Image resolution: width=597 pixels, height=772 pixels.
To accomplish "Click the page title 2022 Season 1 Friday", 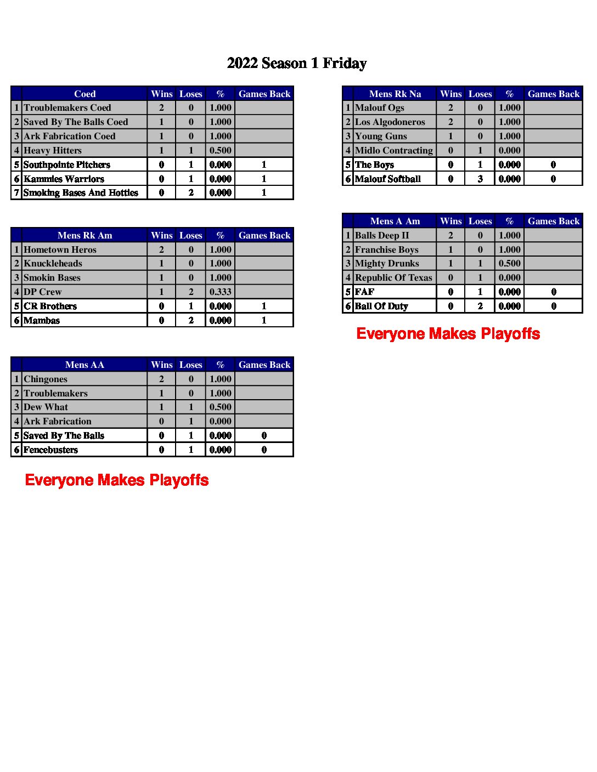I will click(x=297, y=64).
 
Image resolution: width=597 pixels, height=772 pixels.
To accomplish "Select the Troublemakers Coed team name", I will click(x=67, y=108).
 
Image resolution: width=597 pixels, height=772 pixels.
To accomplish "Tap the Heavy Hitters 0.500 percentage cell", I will click(x=220, y=150).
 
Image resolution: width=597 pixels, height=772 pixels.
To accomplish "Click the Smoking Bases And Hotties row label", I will click(x=81, y=193).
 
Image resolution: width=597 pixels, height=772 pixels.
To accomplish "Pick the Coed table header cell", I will click(x=85, y=94).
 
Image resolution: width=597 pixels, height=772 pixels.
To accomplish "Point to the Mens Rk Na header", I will click(x=395, y=94).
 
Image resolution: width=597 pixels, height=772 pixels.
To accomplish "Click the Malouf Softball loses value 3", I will click(x=480, y=179).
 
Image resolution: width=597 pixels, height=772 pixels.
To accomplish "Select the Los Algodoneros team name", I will click(x=390, y=122).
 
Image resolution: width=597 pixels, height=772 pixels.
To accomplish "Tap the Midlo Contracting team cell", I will click(x=394, y=150).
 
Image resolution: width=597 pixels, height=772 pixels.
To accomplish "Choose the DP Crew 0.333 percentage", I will click(x=220, y=292).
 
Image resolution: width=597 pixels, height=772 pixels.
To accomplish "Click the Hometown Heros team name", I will click(x=60, y=249).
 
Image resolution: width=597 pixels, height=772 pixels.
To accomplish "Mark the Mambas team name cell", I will click(x=42, y=320).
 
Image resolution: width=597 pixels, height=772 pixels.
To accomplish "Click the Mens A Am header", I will click(x=395, y=221).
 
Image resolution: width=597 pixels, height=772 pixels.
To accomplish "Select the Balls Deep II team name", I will click(x=382, y=235).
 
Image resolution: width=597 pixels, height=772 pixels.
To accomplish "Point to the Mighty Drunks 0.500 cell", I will click(x=509, y=264).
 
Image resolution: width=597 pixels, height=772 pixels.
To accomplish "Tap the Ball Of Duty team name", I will click(x=381, y=306).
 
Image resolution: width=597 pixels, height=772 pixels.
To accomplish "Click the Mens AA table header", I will click(x=85, y=365).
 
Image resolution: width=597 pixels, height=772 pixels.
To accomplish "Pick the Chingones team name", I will click(x=46, y=379).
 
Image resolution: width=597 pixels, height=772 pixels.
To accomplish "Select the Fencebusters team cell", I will click(x=50, y=450).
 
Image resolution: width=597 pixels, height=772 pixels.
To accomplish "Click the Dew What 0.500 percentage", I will click(x=220, y=407).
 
